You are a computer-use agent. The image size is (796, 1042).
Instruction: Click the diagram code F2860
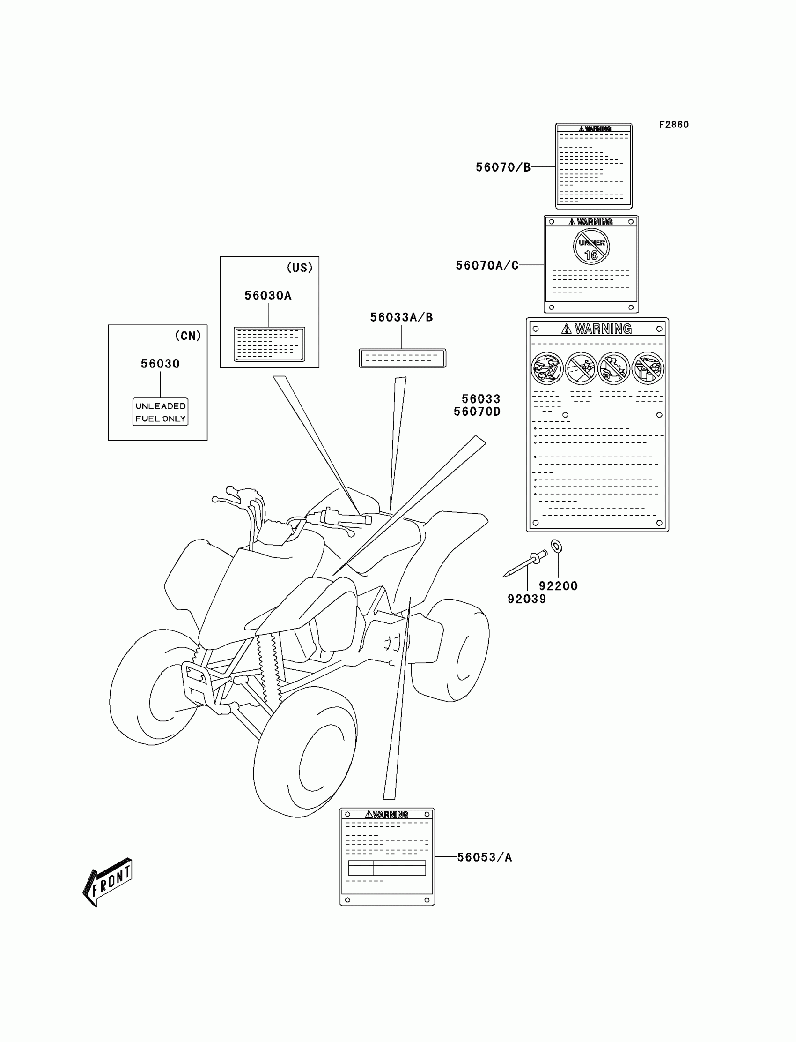[673, 125]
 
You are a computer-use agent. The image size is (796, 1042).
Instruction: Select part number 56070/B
[503, 167]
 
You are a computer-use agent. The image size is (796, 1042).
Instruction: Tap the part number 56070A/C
[486, 266]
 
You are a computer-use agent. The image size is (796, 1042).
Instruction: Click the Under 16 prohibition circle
[591, 247]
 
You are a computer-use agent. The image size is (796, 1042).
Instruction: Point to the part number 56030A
[268, 296]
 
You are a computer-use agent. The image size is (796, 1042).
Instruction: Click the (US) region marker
[300, 268]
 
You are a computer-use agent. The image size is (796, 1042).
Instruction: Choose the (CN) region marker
[188, 336]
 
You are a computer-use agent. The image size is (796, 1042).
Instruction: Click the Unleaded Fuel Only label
[160, 412]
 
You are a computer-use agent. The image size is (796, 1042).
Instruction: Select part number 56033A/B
[401, 318]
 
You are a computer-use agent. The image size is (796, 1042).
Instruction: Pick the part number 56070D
[477, 412]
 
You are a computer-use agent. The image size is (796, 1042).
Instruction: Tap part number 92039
[526, 600]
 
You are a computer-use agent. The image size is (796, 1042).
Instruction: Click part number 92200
[558, 586]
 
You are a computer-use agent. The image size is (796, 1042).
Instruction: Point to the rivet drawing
[525, 564]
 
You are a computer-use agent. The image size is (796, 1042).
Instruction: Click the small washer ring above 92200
[557, 547]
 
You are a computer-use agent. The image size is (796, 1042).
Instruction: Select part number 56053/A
[484, 857]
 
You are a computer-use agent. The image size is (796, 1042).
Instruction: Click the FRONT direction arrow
[108, 883]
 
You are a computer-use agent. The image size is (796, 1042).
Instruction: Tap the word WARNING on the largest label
[603, 329]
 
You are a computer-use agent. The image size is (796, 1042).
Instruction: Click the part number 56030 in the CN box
[160, 364]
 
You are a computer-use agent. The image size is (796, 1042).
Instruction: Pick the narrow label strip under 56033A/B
[402, 358]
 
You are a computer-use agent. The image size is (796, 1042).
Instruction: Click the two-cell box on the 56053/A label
[387, 868]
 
